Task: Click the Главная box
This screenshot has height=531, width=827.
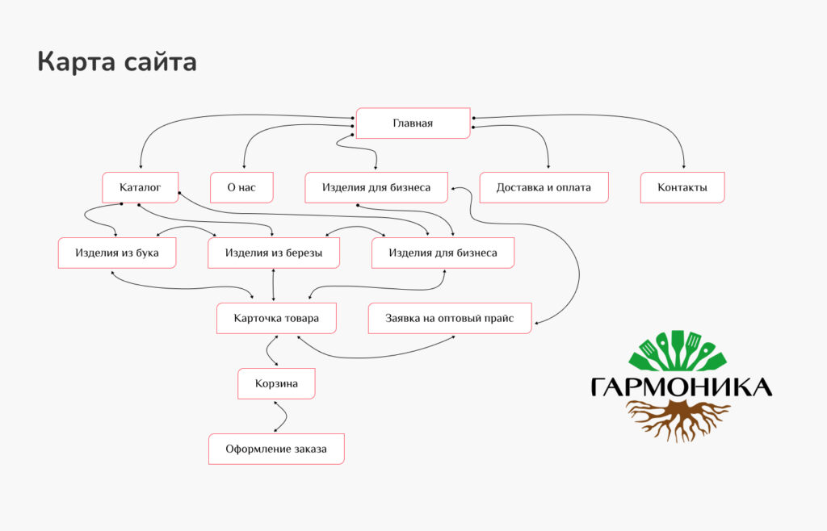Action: [x=413, y=123]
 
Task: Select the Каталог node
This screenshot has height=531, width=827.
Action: [x=141, y=187]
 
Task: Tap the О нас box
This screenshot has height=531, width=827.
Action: [x=241, y=187]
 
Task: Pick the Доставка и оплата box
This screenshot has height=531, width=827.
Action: [x=544, y=187]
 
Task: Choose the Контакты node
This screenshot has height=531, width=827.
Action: [x=682, y=187]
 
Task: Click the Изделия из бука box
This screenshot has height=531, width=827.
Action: [x=117, y=253]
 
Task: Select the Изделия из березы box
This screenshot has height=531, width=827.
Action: [x=274, y=253]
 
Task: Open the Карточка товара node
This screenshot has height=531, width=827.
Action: [x=276, y=318]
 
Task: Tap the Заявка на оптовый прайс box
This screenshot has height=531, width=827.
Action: [x=450, y=318]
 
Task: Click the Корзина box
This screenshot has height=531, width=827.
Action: [x=276, y=383]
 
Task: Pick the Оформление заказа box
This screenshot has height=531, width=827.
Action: [x=276, y=449]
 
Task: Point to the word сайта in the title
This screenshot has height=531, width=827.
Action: [x=161, y=63]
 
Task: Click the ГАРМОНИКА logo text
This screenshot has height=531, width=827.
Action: [x=681, y=387]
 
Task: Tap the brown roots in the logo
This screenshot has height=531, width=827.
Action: [x=678, y=420]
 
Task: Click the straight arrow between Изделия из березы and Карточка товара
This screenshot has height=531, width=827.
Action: [x=273, y=285]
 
